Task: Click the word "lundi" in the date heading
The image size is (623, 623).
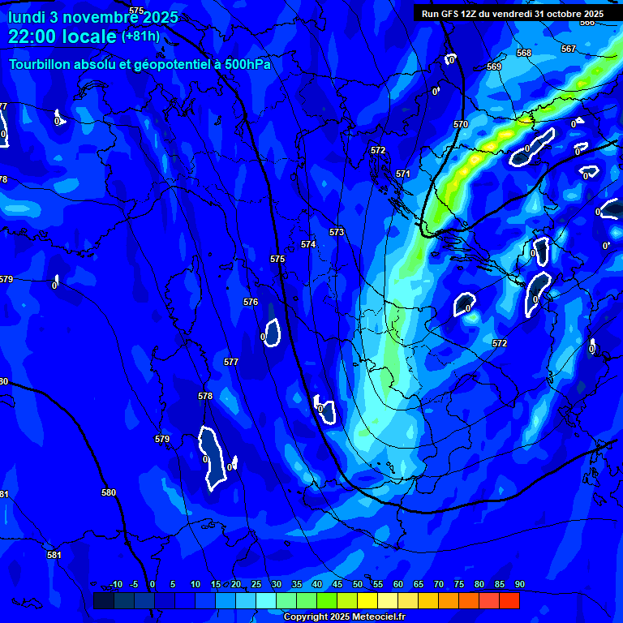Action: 28,17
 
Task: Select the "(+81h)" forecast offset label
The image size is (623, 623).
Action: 140,37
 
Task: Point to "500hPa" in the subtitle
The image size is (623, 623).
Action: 248,64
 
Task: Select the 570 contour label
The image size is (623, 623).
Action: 461,124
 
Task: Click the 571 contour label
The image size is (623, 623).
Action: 403,174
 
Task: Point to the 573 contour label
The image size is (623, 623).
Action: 337,232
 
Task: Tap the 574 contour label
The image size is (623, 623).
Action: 308,244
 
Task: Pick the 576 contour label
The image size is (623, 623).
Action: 251,303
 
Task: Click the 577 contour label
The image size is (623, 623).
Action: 231,363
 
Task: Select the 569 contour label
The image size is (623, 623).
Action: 494,67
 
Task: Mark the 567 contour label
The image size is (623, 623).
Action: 569,49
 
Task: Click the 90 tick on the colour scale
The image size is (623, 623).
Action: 520,585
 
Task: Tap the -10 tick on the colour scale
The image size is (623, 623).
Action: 116,585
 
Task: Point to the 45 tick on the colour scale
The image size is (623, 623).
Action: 337,585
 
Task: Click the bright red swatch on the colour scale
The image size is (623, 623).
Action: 509,600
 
